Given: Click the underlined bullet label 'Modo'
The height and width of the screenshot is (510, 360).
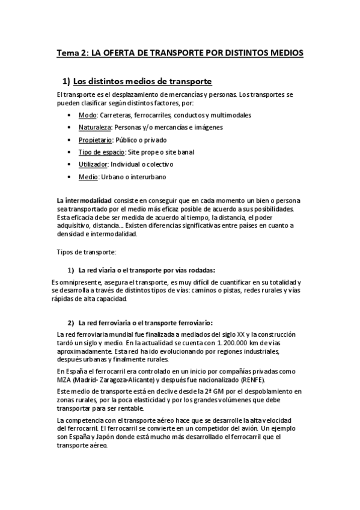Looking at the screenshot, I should (x=87, y=115).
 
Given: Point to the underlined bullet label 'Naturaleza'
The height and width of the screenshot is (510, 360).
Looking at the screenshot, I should (x=95, y=127).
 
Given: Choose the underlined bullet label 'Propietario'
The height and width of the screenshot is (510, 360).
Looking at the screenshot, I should (x=96, y=140).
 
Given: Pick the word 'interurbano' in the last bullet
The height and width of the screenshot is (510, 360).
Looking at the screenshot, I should (x=147, y=177).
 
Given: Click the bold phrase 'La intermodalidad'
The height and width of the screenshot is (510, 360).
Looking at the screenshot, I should (x=83, y=200).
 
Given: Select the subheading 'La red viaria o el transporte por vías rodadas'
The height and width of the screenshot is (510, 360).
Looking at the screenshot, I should (x=147, y=269).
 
